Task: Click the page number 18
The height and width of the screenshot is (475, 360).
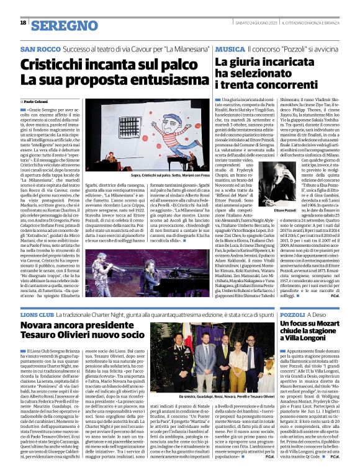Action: click(x=23, y=23)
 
